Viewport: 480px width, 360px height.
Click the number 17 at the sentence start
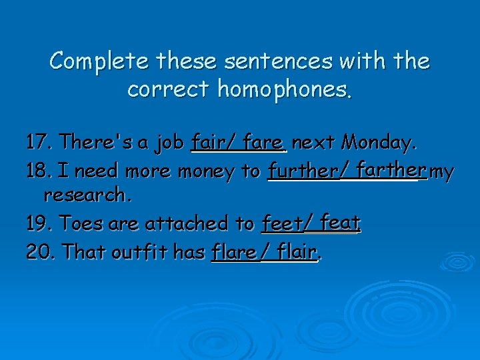pos(37,142)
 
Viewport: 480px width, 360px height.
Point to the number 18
pos(37,171)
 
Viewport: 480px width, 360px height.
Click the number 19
pos(37,223)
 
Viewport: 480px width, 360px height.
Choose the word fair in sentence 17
pos(206,142)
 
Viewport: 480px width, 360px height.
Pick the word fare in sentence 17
pos(265,142)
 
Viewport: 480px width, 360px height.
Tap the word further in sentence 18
pos(303,171)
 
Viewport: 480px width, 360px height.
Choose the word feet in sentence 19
pos(281,223)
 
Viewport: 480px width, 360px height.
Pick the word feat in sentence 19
pos(340,222)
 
